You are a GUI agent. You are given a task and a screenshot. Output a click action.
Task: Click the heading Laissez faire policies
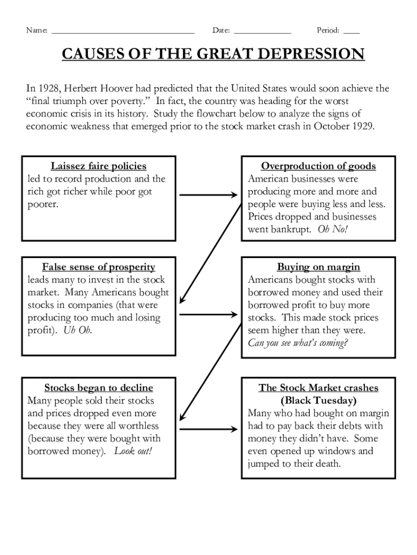99,166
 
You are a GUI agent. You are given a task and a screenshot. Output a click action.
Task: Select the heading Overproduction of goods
318,166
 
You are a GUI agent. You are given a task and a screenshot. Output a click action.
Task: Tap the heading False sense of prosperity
99,267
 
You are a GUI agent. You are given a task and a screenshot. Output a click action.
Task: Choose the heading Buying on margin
318,267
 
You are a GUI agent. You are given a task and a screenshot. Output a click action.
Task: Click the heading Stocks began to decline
99,388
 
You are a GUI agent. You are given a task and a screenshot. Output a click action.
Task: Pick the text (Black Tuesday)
318,401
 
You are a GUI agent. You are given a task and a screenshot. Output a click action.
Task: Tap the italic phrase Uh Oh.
77,330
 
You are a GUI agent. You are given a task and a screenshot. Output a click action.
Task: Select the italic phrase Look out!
133,451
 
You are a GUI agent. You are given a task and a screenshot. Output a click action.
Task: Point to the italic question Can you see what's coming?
298,343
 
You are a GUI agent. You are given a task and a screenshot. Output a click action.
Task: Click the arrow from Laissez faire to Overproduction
208,195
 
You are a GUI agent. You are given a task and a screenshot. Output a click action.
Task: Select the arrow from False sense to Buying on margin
208,314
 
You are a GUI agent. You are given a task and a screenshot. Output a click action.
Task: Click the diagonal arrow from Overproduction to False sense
211,252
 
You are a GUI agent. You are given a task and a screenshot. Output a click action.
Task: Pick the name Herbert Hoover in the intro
102,88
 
